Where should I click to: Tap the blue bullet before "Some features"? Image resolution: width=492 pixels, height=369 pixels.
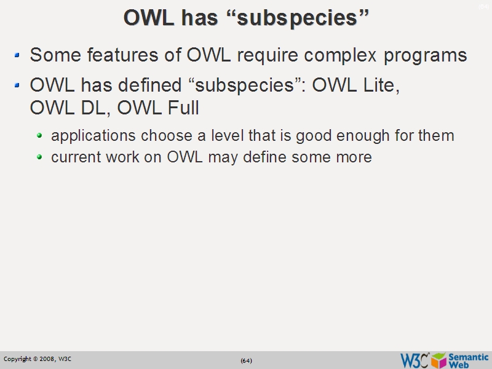click(x=18, y=56)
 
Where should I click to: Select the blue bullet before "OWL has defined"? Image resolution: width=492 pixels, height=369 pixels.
click(x=18, y=86)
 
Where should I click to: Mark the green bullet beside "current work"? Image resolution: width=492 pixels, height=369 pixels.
click(x=40, y=157)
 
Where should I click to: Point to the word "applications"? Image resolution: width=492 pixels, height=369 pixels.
click(x=93, y=136)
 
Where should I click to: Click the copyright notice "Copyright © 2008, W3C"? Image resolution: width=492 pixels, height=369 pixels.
click(x=38, y=359)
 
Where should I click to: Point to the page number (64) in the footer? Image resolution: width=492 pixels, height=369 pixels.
click(x=246, y=360)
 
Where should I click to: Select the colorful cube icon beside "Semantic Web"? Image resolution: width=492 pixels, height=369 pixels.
click(x=438, y=360)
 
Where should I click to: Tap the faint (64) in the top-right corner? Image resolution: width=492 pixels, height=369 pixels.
click(x=484, y=7)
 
